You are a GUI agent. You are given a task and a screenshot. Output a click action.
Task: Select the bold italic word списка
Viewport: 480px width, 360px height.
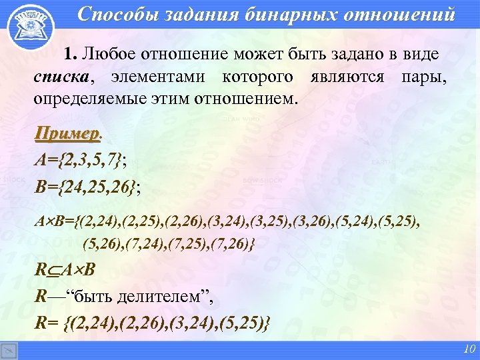pyautogui.click(x=61, y=77)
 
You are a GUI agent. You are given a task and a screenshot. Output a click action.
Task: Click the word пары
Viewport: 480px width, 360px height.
pyautogui.click(x=424, y=77)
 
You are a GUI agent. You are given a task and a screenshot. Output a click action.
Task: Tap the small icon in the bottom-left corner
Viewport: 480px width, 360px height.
pyautogui.click(x=9, y=351)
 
